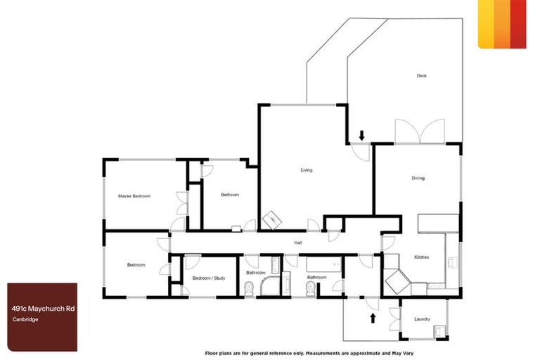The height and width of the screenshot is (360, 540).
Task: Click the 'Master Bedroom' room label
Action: tap(134, 196)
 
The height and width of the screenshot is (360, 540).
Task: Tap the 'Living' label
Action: tap(306, 170)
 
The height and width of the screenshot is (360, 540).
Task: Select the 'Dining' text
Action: tap(418, 178)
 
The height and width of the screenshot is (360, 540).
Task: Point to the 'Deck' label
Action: tap(421, 76)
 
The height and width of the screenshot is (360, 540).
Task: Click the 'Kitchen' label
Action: tap(421, 257)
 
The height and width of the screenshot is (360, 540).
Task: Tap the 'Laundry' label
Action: tap(422, 319)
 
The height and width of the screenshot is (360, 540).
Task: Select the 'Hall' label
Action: tap(298, 243)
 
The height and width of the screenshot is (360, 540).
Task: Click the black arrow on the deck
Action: tap(361, 134)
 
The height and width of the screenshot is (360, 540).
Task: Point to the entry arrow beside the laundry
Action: tap(372, 319)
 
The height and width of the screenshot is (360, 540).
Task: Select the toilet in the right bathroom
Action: tap(341, 287)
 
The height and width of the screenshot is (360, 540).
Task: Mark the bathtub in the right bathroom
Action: tap(324, 265)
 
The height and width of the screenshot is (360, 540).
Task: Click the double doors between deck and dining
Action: tap(419, 132)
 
